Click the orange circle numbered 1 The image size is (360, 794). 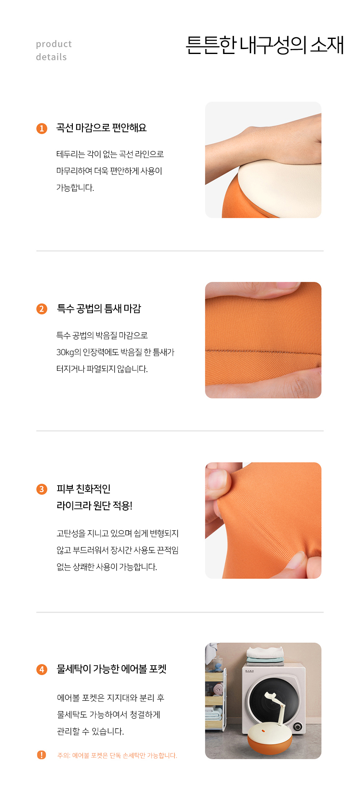[x=42, y=128]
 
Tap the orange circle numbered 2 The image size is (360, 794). [x=42, y=309]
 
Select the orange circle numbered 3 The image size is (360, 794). [x=42, y=489]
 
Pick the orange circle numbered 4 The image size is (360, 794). [x=42, y=669]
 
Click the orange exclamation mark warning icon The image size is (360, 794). [x=41, y=755]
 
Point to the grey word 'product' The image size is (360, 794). [x=54, y=44]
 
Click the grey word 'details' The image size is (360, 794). [x=51, y=57]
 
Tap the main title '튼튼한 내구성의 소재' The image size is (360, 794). [x=264, y=45]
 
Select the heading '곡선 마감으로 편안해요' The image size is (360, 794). [x=101, y=128]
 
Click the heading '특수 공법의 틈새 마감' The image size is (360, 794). [x=99, y=308]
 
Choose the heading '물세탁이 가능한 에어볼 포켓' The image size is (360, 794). [x=111, y=669]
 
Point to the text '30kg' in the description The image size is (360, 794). [x=65, y=352]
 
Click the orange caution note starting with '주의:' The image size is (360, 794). [x=117, y=755]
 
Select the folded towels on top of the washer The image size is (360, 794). [x=265, y=656]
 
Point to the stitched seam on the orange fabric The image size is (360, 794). [x=263, y=350]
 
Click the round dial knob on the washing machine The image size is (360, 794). [x=297, y=726]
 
